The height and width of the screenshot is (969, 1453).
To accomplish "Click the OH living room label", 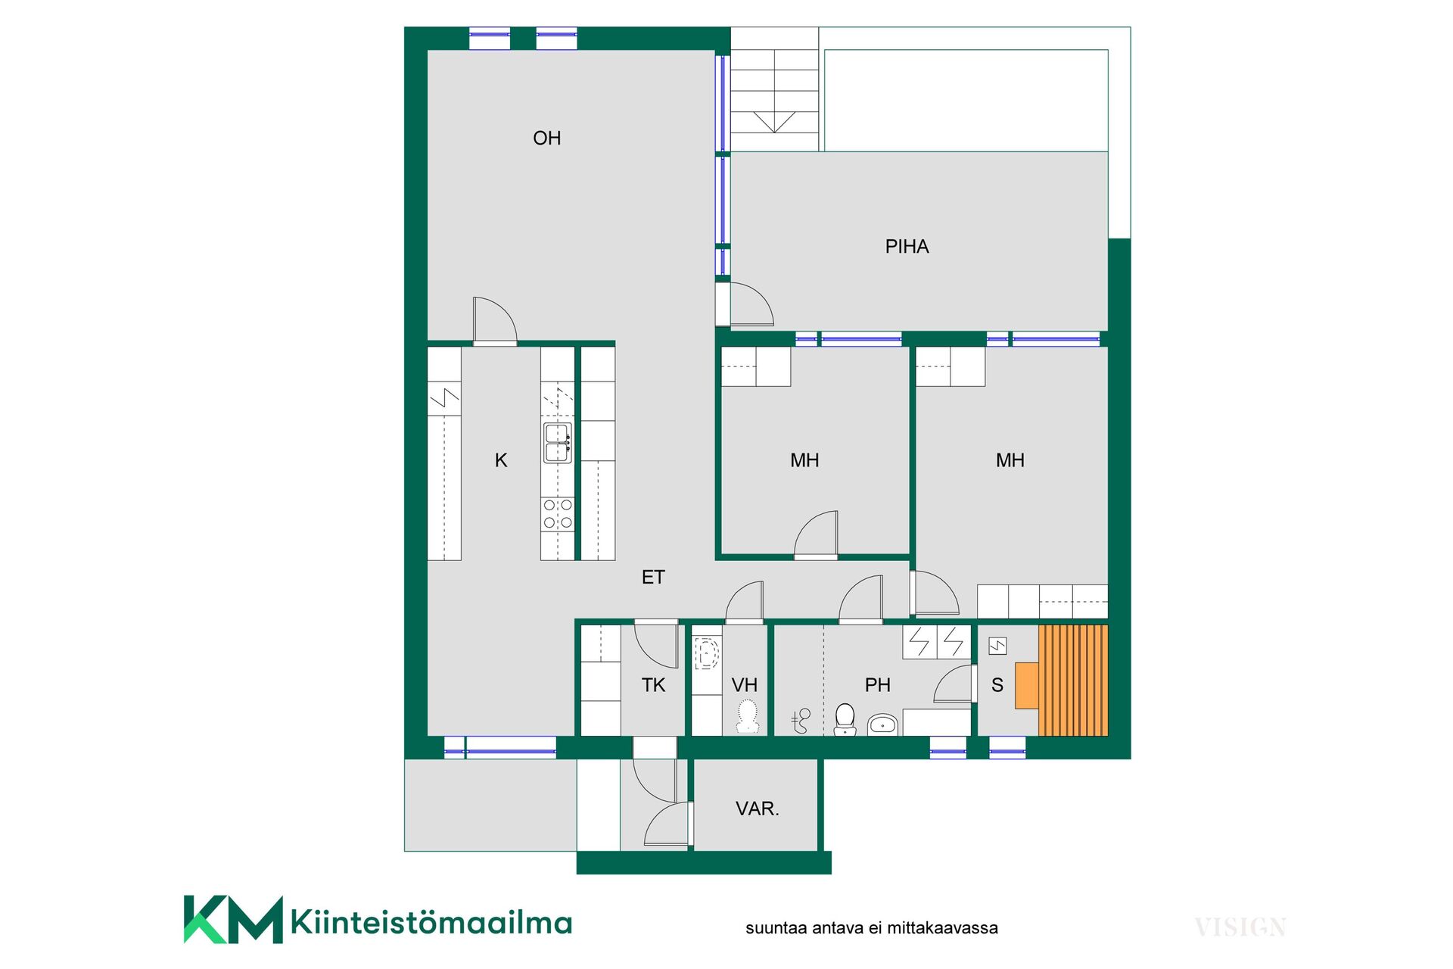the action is [546, 138].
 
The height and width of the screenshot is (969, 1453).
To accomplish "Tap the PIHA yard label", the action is [907, 246].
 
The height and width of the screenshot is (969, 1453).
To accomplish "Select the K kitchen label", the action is [501, 460].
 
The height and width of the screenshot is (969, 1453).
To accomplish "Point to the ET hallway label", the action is [653, 578].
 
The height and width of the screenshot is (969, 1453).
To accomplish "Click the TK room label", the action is [653, 685].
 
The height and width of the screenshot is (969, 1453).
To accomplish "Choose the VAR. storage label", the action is [758, 809].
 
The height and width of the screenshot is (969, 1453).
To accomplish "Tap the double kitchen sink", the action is [557, 443].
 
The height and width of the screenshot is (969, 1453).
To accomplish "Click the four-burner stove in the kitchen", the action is [558, 513].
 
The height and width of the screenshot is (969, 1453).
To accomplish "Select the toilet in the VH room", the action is [748, 716].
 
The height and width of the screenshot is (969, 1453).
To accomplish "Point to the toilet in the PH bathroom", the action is [845, 719].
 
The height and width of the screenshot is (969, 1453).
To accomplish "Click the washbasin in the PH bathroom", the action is [882, 724].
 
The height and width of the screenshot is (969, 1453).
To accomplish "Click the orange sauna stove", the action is [1027, 685].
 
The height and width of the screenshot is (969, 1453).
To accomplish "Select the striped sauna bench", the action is [1073, 680].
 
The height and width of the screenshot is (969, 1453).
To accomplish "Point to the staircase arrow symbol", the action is [774, 122].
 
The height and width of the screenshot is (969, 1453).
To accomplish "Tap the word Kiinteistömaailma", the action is [431, 923].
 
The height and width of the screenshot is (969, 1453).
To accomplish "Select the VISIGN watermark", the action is [1240, 927].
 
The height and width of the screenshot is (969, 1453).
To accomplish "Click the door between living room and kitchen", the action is [495, 320].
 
